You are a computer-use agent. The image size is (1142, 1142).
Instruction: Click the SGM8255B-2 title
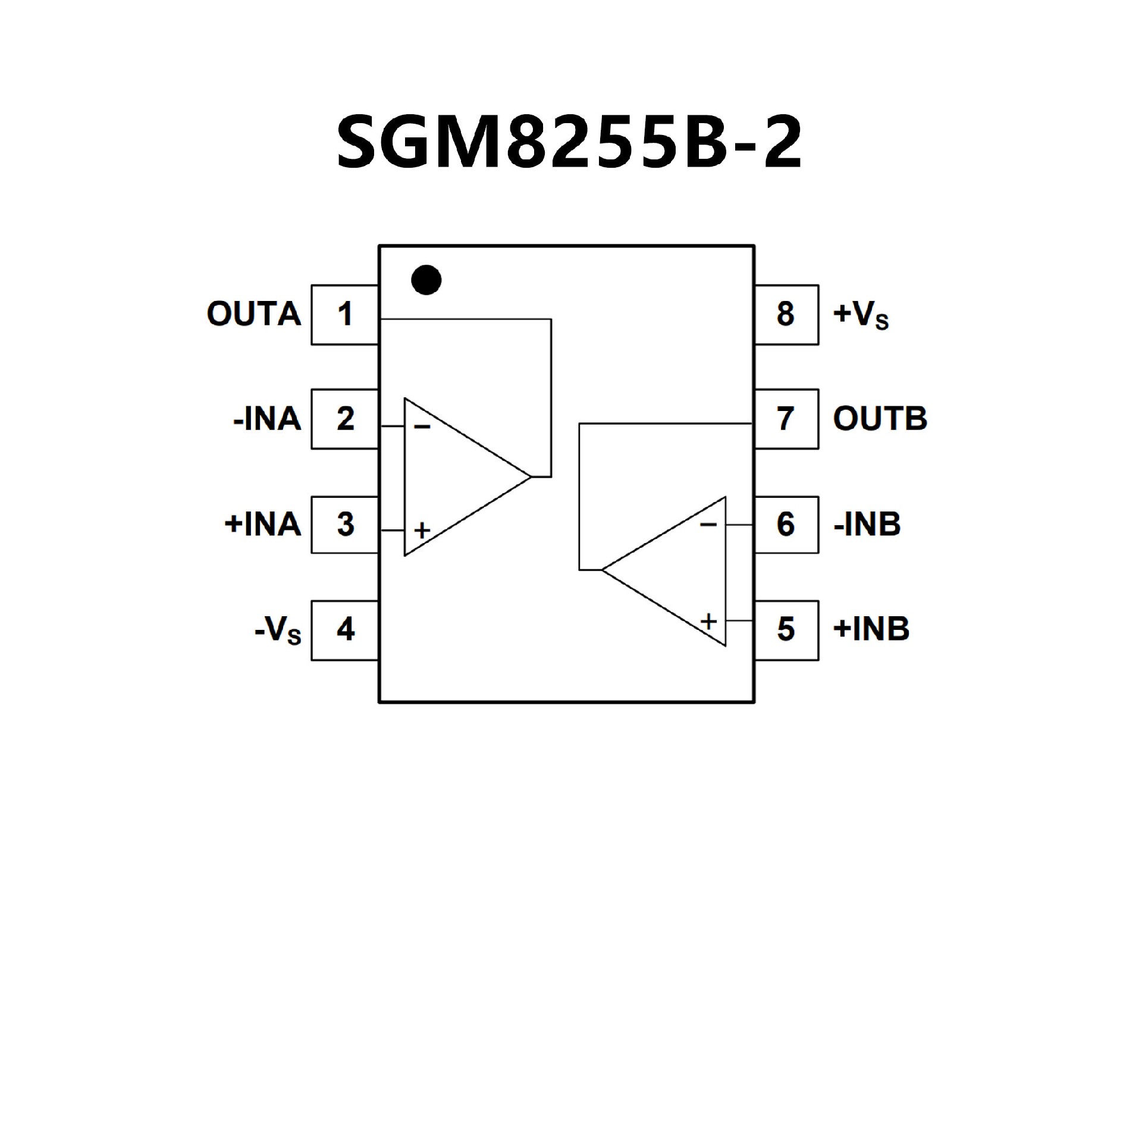pos(570,143)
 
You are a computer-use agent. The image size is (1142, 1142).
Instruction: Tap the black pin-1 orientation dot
pos(426,280)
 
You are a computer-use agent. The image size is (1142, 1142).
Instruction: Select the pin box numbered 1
pos(345,314)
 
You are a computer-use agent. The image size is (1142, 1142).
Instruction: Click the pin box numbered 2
pos(345,419)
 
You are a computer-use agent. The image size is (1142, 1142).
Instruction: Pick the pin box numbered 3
pos(345,524)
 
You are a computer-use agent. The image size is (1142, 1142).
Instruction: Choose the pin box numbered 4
pos(345,629)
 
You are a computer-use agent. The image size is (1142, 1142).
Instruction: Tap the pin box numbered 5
pos(786,629)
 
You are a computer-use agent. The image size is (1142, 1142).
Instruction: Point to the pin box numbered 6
pos(786,524)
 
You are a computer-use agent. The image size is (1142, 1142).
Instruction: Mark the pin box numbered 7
pos(786,419)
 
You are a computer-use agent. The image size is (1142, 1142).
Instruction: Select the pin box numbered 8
pos(786,314)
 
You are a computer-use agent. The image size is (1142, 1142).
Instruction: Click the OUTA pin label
pos(254,314)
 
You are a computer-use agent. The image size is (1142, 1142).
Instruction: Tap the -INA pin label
pos(267,419)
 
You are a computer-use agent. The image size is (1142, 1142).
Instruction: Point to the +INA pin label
pos(263,524)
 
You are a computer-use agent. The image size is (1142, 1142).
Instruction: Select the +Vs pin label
pos(861,315)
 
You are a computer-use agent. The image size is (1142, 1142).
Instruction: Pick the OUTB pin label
pos(880,419)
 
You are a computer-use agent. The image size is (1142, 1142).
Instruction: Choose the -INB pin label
pos(867,524)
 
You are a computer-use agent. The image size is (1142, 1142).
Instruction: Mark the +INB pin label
pos(871,629)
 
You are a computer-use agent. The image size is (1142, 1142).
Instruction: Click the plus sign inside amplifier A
pos(422,530)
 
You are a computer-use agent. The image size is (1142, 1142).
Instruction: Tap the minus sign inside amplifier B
pos(708,525)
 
